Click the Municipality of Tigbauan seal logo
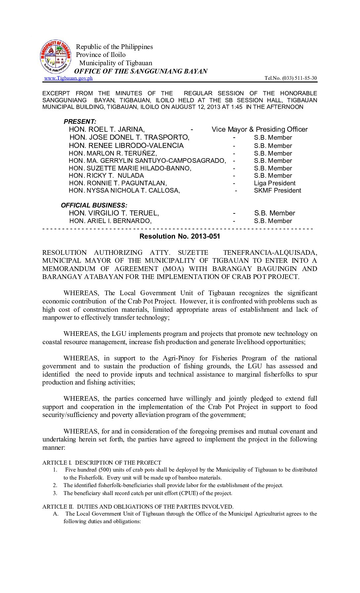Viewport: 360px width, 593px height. point(55,57)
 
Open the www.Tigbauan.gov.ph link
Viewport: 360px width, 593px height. point(68,78)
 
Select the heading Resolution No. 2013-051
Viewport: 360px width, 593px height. point(180,236)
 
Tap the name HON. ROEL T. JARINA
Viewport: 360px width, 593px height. point(107,129)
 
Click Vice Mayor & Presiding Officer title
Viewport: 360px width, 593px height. point(259,129)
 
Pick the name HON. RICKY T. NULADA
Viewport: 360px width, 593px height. point(106,176)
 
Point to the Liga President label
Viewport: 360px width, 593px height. point(274,183)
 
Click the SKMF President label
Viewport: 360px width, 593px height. point(277,191)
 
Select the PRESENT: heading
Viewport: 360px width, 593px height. point(80,121)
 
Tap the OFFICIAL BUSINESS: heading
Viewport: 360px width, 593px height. point(94,205)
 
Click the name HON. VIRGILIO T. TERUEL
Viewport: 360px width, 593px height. point(114,213)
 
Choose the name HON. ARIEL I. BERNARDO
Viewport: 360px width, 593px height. point(110,221)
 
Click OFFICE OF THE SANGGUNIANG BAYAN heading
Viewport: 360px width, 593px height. point(141,71)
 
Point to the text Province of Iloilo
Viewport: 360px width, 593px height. point(101,55)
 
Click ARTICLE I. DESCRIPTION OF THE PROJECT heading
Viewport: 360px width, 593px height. point(102,463)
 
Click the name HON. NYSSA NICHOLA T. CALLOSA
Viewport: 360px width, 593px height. point(124,191)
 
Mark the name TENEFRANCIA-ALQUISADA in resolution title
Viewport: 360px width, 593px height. point(270,252)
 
